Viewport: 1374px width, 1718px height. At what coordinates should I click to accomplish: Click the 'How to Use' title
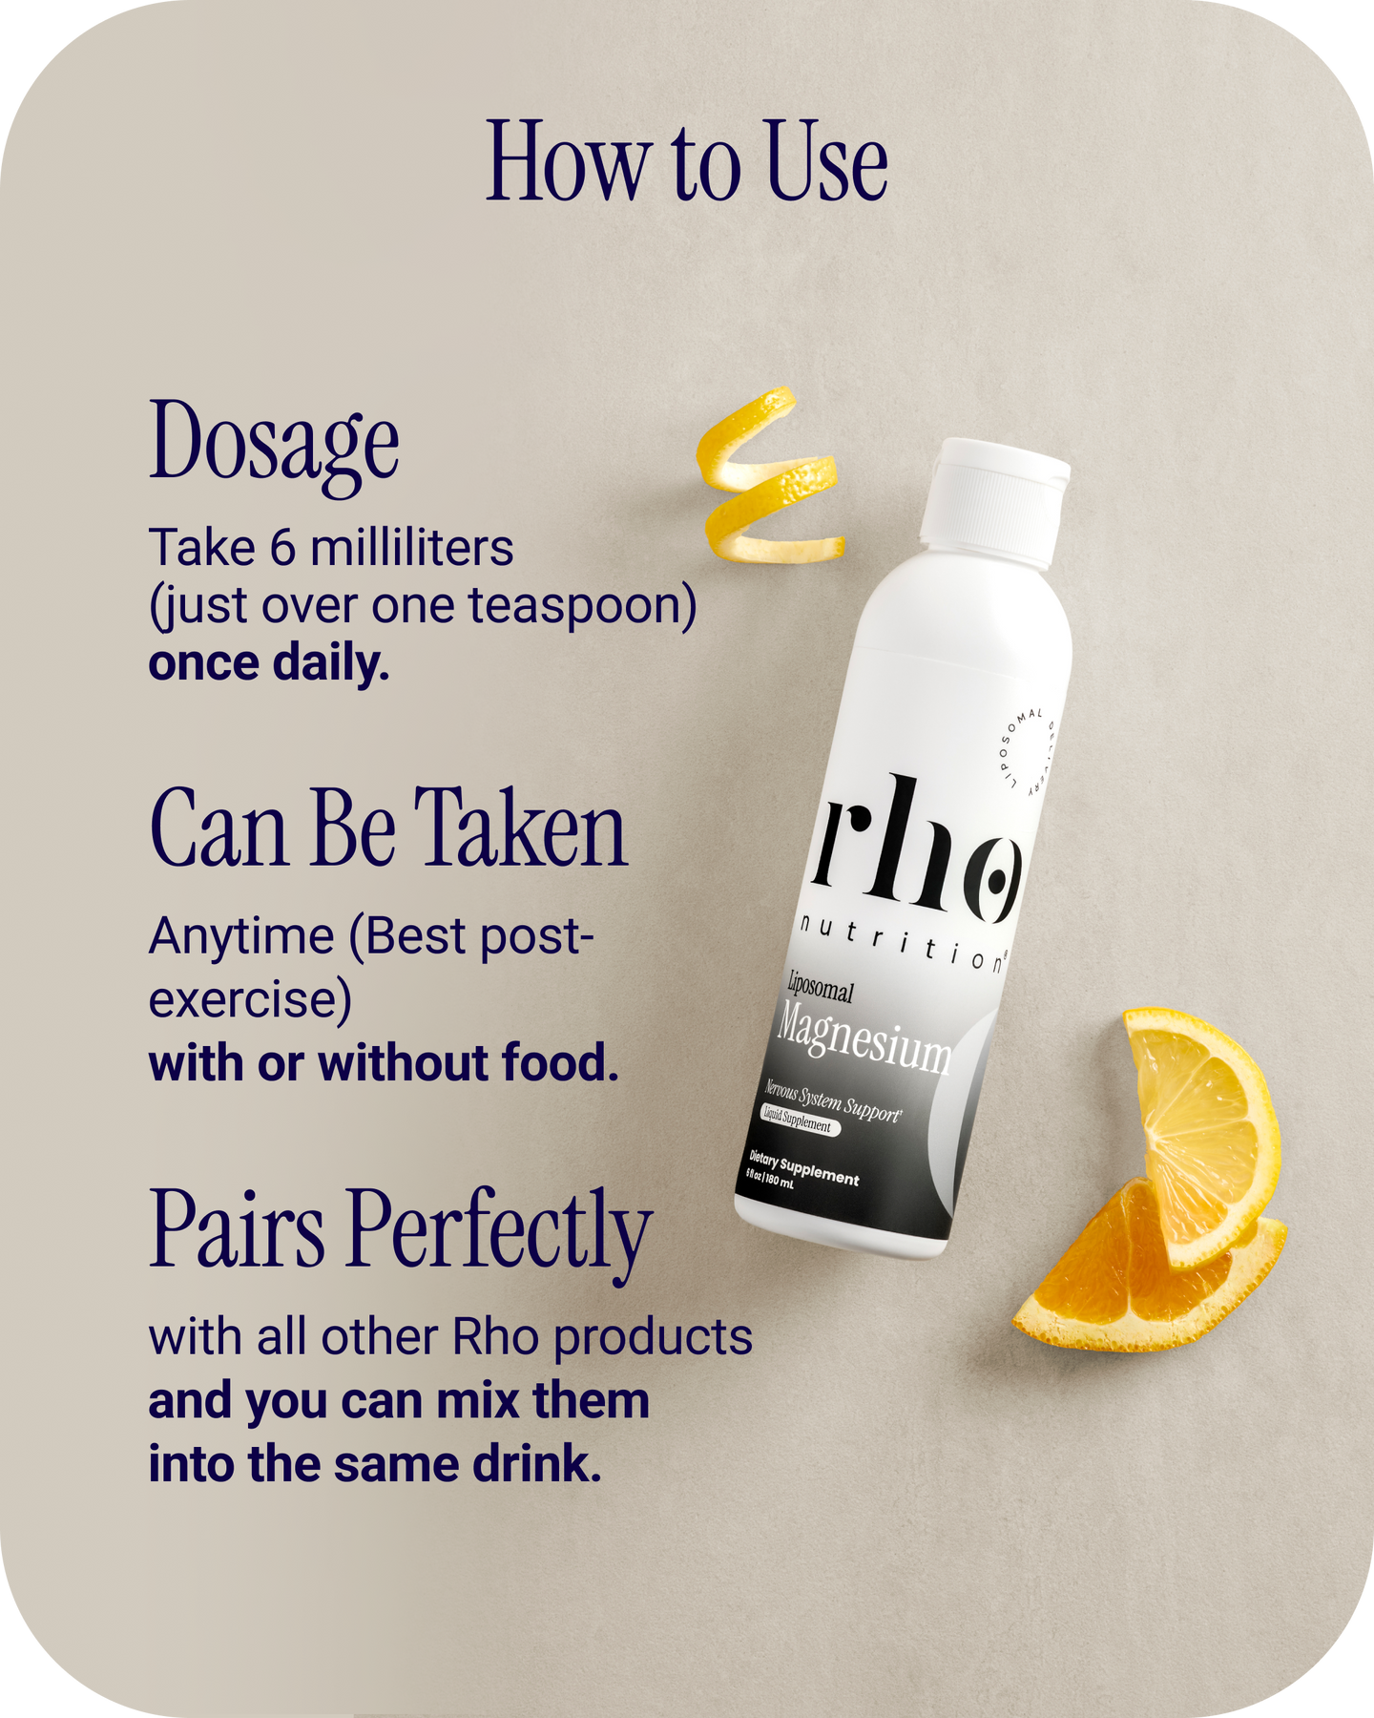pos(687,162)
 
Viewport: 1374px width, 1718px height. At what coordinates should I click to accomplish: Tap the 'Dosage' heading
pos(274,444)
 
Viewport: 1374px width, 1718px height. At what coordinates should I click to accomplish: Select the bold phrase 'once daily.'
pos(269,663)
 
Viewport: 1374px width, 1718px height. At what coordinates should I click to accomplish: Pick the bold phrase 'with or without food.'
pos(384,1063)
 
